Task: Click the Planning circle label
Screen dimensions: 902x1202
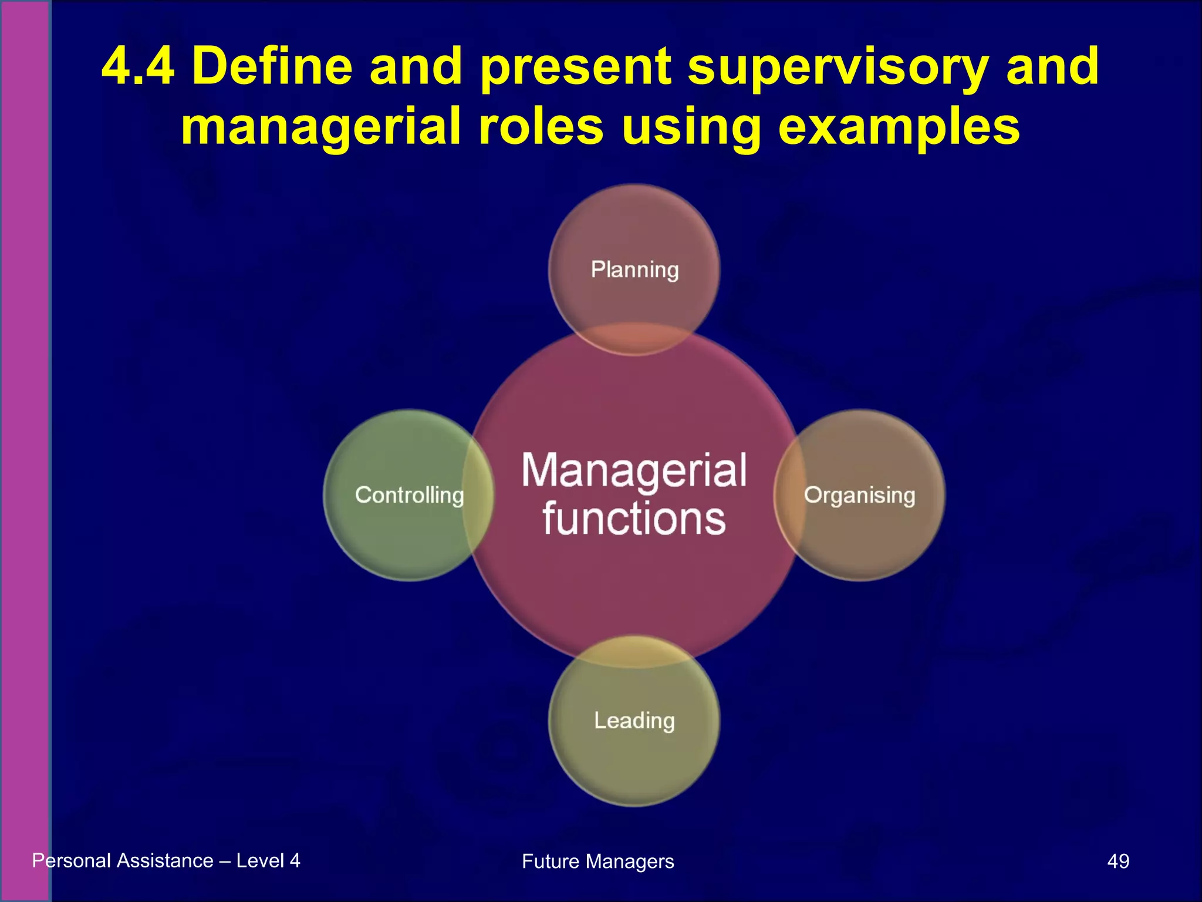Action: (634, 270)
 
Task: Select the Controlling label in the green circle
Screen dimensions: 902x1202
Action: (409, 495)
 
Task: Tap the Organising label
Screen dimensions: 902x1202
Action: (859, 495)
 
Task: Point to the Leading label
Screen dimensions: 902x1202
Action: (634, 721)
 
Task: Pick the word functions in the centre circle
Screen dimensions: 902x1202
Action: (634, 519)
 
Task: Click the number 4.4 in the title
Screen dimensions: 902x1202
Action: (138, 66)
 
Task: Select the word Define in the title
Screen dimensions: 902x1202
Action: (272, 66)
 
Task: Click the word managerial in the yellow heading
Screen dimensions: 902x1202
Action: (320, 128)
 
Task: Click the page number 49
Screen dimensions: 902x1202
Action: (1117, 861)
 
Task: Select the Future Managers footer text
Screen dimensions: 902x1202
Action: (597, 861)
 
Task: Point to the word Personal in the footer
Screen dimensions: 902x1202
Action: (72, 861)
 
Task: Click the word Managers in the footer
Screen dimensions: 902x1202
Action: (630, 861)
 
